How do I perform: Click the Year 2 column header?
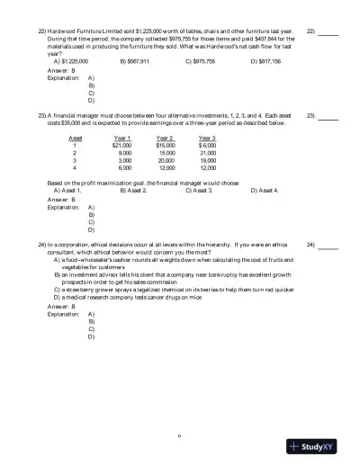pyautogui.click(x=166, y=138)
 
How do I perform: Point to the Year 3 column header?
pyautogui.click(x=207, y=138)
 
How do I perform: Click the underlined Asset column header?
pyautogui.click(x=75, y=138)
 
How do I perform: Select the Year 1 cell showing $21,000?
pyautogui.click(x=121, y=145)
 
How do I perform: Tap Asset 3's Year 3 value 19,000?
pyautogui.click(x=208, y=160)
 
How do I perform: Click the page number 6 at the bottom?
pyautogui.click(x=180, y=436)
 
